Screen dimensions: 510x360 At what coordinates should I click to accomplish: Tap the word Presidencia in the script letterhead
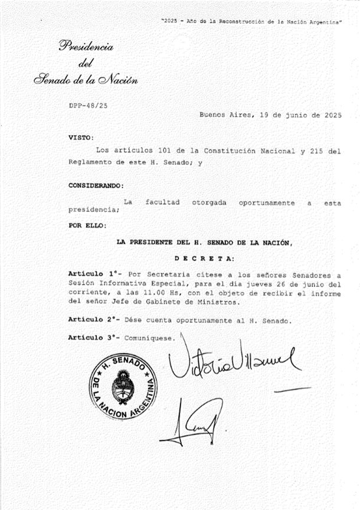tap(86, 47)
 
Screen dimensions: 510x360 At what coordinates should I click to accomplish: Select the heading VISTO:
tap(81, 137)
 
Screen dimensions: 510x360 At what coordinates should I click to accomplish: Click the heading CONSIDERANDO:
tap(96, 185)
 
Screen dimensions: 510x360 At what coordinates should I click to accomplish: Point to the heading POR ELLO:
tap(87, 225)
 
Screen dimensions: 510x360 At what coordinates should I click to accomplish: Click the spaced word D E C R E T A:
tap(204, 258)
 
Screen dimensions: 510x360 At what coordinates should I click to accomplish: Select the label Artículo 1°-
tap(94, 274)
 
